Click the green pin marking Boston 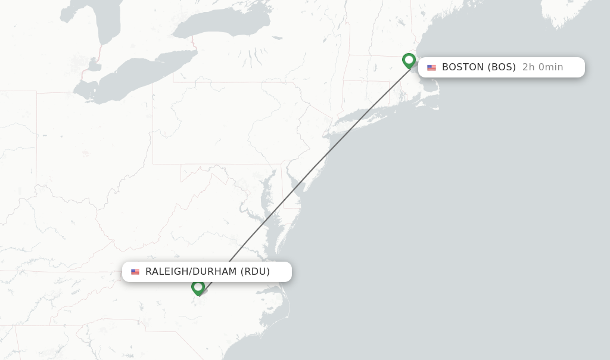pos(409,60)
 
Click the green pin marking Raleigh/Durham pos(198,287)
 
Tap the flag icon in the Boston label pos(431,68)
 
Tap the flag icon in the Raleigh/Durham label pos(135,272)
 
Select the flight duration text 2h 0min pos(542,67)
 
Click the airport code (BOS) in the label pos(502,67)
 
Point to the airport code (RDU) pos(255,272)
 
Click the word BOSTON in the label pos(462,67)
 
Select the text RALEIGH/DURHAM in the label pos(191,272)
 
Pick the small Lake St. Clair pos(93,64)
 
